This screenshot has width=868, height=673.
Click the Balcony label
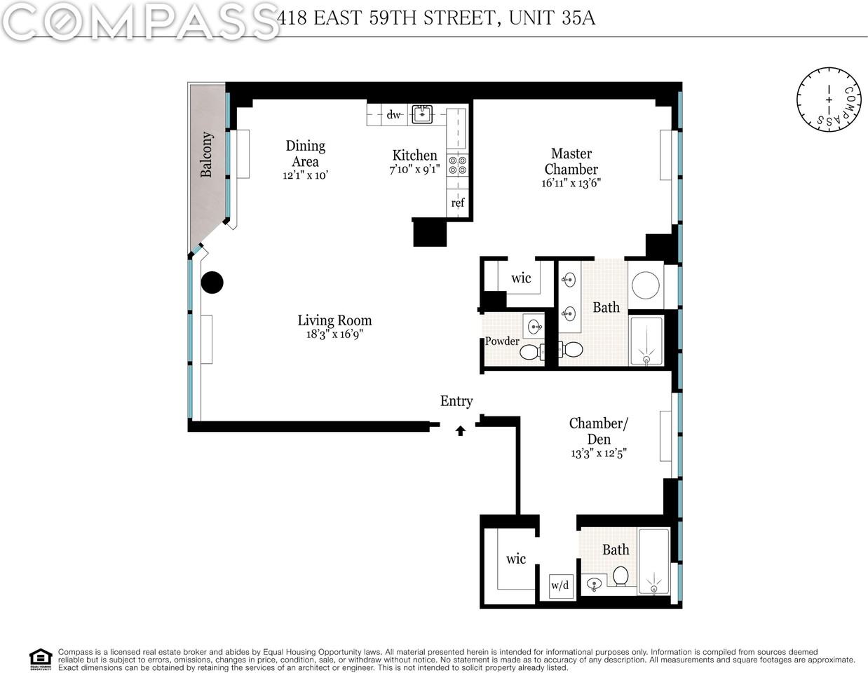point(207,154)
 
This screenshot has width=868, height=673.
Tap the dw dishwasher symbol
point(394,114)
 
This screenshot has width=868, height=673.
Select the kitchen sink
point(422,114)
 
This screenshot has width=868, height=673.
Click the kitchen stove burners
point(457,165)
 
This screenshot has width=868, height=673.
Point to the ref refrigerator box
point(458,203)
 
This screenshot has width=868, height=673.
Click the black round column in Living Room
point(212,283)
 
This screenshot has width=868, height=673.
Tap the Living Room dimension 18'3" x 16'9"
point(334,334)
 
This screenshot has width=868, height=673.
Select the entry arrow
point(461,430)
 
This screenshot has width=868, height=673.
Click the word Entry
point(456,401)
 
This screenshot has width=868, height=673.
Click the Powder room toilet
point(531,351)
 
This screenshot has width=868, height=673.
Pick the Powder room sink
point(534,326)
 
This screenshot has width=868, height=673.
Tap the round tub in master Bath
point(644,285)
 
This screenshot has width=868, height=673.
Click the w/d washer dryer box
point(560,585)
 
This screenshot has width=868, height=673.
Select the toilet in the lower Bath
point(620,576)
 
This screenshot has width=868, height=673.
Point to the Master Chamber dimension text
point(571,184)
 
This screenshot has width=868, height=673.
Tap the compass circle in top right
point(828,100)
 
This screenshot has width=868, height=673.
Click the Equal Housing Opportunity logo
point(41,659)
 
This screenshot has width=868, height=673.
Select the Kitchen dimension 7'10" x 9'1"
point(414,170)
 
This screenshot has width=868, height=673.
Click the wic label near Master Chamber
point(521,278)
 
